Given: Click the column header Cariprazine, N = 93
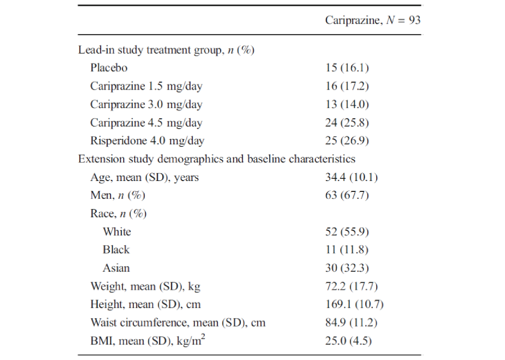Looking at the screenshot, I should click(x=372, y=20).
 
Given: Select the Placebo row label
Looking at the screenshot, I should click(x=109, y=68).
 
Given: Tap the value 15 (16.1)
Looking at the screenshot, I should click(x=347, y=68).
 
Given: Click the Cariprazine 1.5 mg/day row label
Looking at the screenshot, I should click(x=146, y=86).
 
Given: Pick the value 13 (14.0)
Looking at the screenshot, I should click(x=347, y=105).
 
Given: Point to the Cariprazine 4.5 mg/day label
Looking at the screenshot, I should click(x=146, y=123).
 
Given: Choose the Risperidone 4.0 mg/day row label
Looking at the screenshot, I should click(x=147, y=141).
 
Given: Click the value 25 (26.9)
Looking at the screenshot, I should click(x=347, y=141).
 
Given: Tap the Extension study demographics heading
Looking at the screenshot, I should click(x=216, y=159).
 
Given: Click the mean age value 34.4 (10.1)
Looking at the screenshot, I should click(x=351, y=177).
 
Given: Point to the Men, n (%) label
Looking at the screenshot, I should click(x=118, y=195).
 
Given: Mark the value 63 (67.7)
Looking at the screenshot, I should click(x=347, y=195).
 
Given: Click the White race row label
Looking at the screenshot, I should click(x=117, y=232).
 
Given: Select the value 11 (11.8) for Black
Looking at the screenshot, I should click(x=347, y=250).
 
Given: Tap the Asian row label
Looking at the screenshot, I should click(x=116, y=268).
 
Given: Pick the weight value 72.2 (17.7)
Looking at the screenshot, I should click(x=351, y=286).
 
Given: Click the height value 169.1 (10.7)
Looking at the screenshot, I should click(x=354, y=304).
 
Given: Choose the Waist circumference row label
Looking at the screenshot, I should click(x=178, y=322).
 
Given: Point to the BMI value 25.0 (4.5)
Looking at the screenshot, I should click(x=348, y=341).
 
